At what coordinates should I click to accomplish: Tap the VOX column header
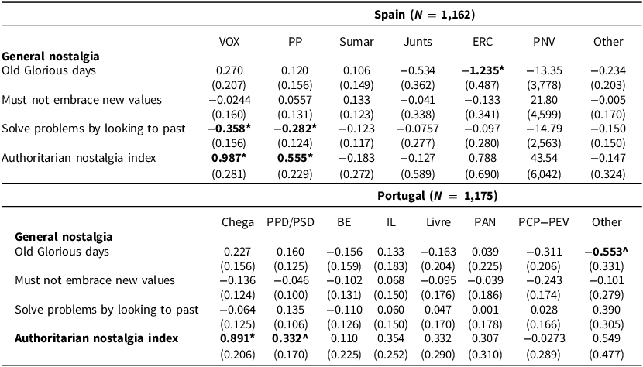click(x=230, y=41)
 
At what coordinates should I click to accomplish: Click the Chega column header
click(x=237, y=222)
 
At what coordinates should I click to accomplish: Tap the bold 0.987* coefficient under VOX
click(x=230, y=158)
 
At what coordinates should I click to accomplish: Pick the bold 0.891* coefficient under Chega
click(x=237, y=339)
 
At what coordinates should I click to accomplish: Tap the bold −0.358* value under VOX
click(x=230, y=129)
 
